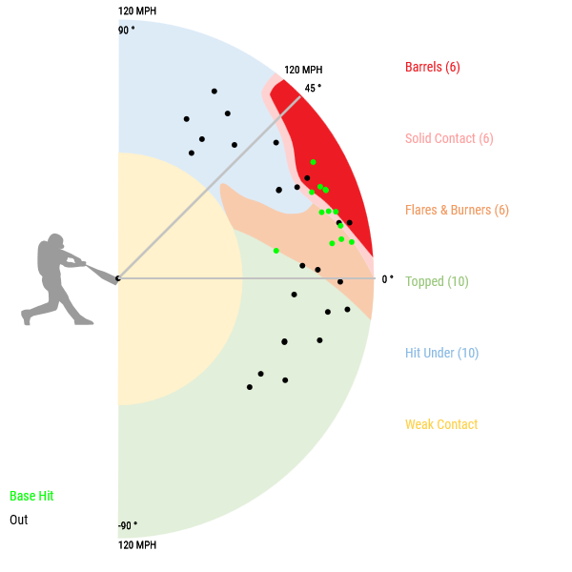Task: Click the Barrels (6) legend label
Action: point(432,67)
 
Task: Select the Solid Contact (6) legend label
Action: point(449,138)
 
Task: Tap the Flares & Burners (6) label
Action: point(457,210)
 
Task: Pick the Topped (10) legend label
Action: point(437,281)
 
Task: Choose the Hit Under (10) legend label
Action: point(441,353)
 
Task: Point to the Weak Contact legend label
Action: point(441,424)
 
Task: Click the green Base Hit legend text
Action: point(31,496)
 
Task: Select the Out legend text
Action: point(19,520)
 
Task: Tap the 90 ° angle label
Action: point(127,30)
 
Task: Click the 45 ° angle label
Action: point(313,88)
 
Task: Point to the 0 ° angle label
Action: point(387,279)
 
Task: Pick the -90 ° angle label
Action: point(128,525)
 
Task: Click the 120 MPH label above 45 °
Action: point(303,71)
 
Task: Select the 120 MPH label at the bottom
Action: point(137,545)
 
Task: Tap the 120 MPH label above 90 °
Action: point(137,11)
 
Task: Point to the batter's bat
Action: point(96,271)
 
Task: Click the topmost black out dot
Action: point(214,92)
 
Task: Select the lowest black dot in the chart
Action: point(250,387)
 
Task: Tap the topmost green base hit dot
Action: point(313,162)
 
